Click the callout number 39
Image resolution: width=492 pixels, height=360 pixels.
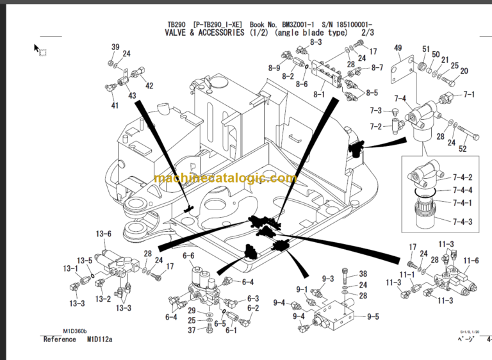coord(115,47)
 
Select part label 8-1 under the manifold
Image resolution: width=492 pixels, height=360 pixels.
coord(319,95)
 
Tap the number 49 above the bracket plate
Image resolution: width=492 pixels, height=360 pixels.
coord(398,48)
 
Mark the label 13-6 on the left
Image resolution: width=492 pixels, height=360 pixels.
coord(104,234)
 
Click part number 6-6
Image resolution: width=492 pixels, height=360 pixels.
coord(188,256)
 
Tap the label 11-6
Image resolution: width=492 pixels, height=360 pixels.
coord(471,260)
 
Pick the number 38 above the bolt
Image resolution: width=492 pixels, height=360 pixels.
coord(363,274)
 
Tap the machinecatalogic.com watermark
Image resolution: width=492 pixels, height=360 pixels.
coord(225,179)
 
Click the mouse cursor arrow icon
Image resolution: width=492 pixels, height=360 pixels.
coord(37,47)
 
